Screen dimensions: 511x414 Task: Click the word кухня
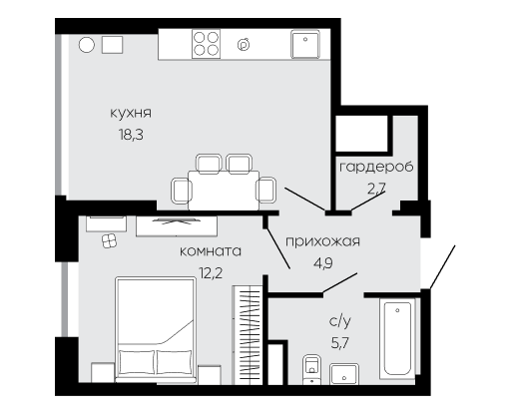tap(131, 113)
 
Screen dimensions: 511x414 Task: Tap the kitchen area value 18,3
tap(131, 135)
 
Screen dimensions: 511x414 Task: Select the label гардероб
tap(376, 167)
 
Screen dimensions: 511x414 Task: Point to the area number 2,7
tap(376, 189)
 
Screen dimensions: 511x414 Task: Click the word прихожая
tap(323, 241)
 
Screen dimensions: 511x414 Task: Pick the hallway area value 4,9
tap(323, 263)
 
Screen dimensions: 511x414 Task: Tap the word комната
tap(211, 251)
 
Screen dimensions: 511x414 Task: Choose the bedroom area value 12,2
tap(211, 273)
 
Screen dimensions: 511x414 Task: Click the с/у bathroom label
tap(340, 321)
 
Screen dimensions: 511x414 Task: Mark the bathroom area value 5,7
tap(340, 343)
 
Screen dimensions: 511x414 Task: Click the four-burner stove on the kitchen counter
tap(207, 44)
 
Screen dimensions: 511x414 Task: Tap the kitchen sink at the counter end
tap(305, 44)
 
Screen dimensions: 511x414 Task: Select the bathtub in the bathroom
tap(397, 338)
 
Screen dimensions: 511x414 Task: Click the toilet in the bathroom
tap(311, 369)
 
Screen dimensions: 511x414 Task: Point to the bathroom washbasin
tap(344, 374)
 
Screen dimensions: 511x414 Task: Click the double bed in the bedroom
tap(156, 329)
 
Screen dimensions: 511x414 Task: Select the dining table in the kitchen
tap(224, 191)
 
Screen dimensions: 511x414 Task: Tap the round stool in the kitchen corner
tap(87, 45)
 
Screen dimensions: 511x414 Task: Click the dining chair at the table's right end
tap(266, 190)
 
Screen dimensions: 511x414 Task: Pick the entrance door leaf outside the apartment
tap(442, 267)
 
